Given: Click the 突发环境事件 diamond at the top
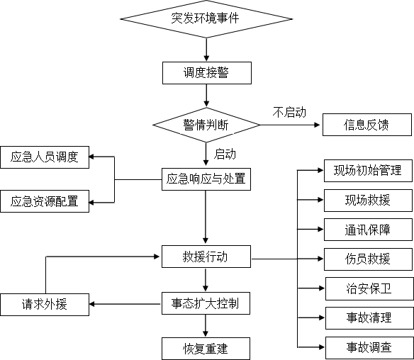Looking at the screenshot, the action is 206,19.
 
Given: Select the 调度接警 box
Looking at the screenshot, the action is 207,73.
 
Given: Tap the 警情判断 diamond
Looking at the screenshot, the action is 206,125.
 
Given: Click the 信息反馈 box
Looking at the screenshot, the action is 367,125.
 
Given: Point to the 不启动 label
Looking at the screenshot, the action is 289,113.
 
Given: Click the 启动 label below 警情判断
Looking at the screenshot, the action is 225,154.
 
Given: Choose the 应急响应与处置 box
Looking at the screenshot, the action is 206,179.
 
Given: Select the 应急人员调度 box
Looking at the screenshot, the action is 45,157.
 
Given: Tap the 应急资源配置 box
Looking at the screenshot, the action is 45,201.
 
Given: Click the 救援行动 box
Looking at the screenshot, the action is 206,257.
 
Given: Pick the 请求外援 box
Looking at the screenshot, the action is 45,305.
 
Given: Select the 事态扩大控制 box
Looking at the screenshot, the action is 206,303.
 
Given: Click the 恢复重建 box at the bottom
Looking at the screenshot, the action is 206,349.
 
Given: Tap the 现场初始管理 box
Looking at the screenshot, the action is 369,171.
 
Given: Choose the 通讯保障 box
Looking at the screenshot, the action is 369,230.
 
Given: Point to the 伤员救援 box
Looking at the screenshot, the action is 369,259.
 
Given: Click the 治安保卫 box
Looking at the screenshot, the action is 369,288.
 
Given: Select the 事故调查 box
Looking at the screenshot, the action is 369,348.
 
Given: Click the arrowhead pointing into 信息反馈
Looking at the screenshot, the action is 317,125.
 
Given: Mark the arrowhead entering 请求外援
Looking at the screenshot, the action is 92,304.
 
